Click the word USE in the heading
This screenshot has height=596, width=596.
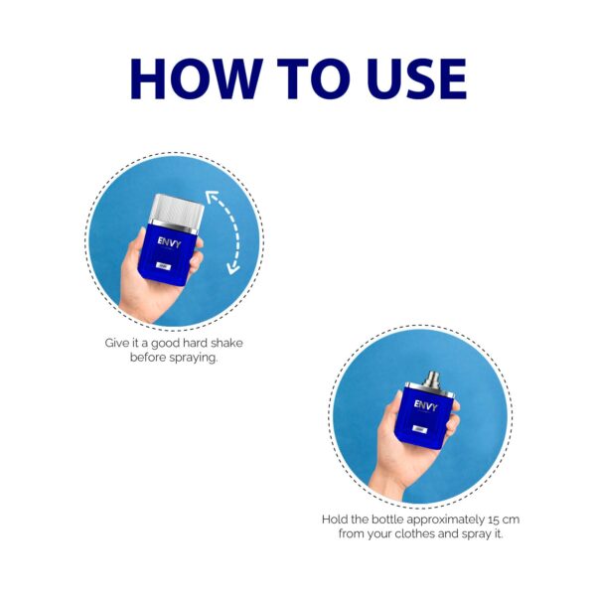pyautogui.click(x=410, y=78)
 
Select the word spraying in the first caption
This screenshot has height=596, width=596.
pyautogui.click(x=192, y=357)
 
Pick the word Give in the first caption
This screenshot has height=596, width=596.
pyautogui.click(x=119, y=343)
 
